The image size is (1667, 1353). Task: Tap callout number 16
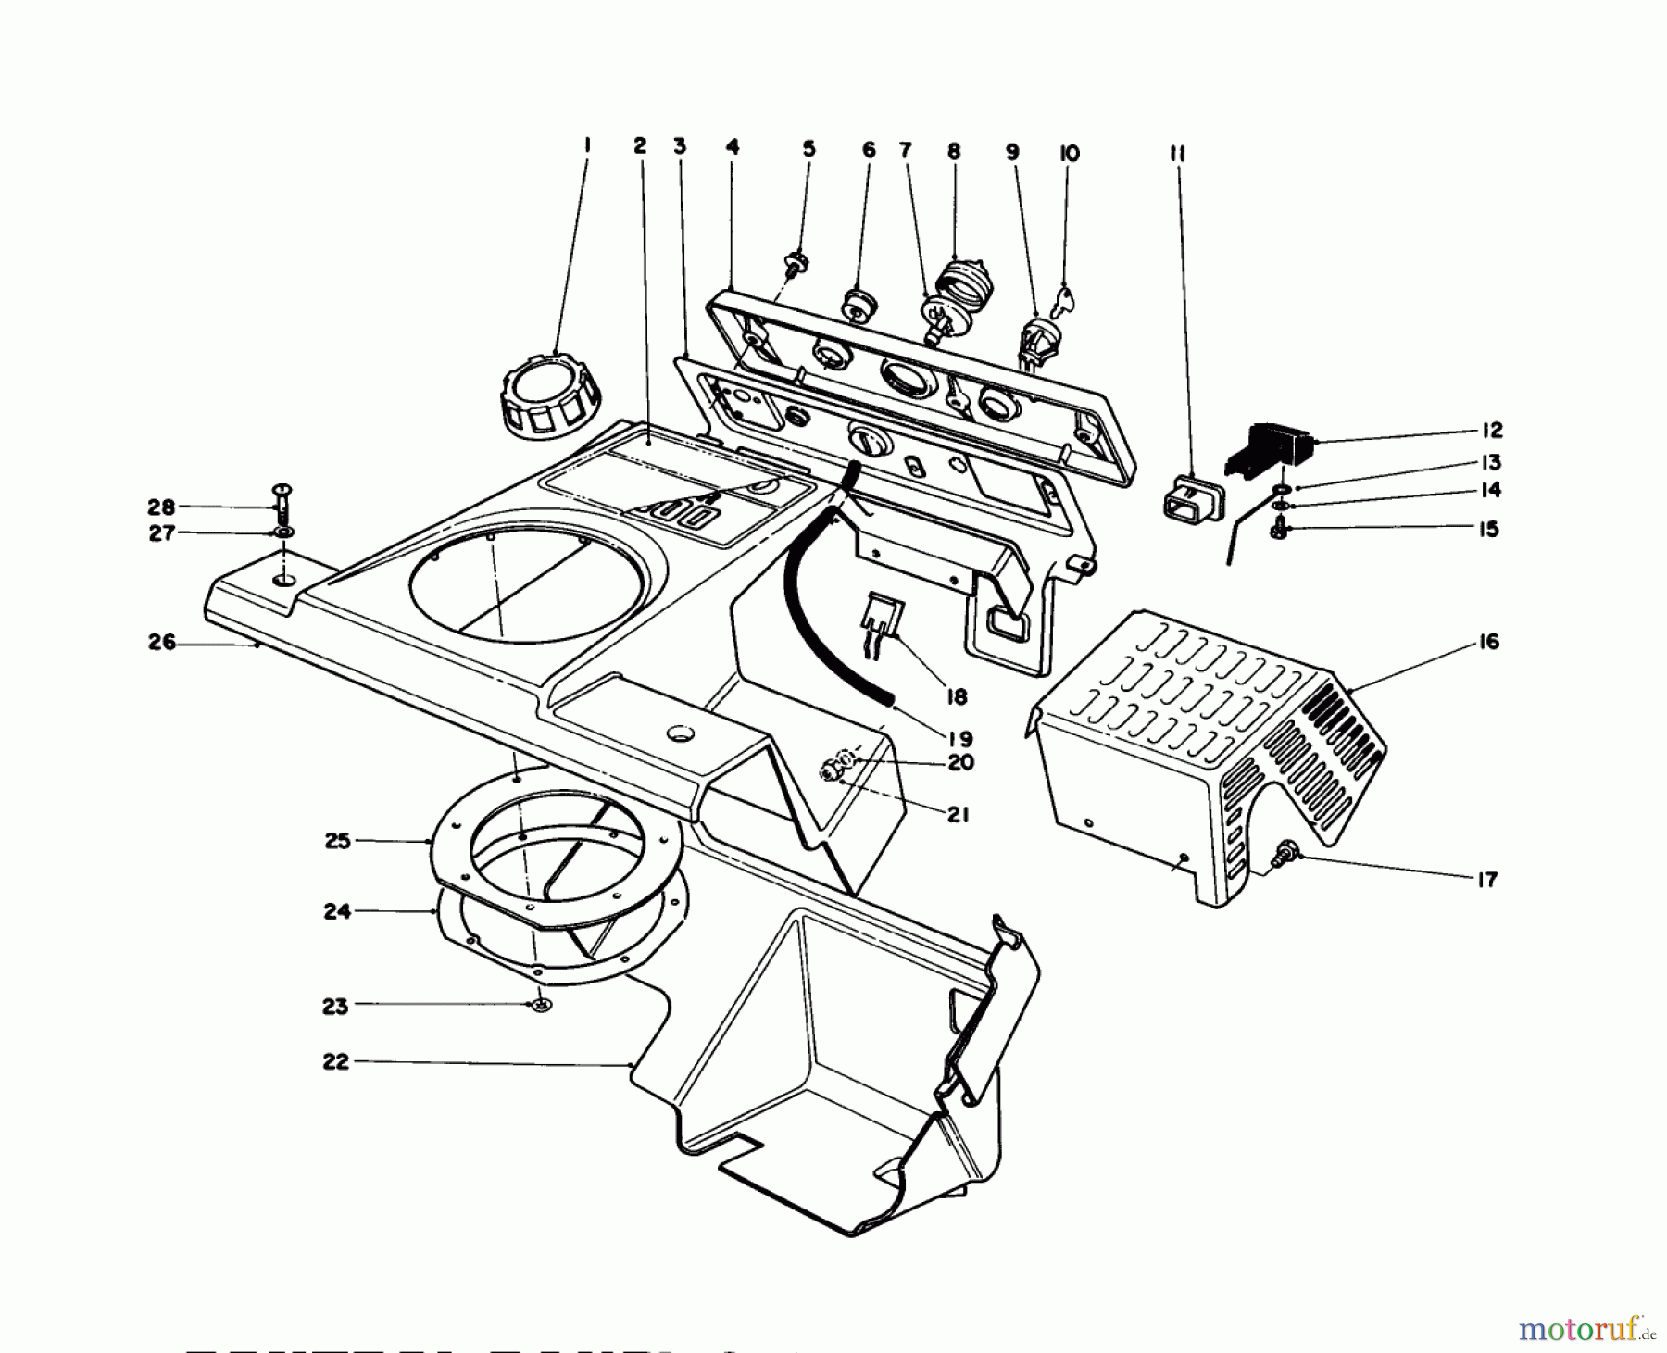pos(1487,643)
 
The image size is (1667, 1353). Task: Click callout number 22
pos(335,1061)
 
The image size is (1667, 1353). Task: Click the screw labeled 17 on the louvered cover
pos(1286,854)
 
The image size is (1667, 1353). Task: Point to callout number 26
pos(161,643)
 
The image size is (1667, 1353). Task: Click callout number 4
pos(733,146)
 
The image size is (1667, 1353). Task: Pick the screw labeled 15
pos(1278,530)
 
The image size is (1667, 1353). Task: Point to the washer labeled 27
pos(281,533)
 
